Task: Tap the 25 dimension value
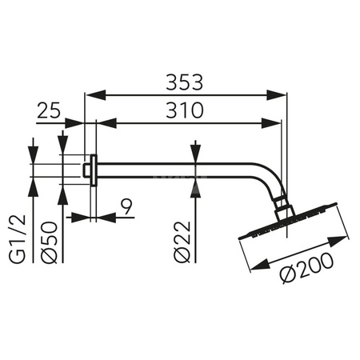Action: point(50,111)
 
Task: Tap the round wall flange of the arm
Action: point(94,170)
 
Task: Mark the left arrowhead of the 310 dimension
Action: point(103,123)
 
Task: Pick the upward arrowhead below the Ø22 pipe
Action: point(195,182)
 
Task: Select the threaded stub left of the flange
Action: point(86,170)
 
